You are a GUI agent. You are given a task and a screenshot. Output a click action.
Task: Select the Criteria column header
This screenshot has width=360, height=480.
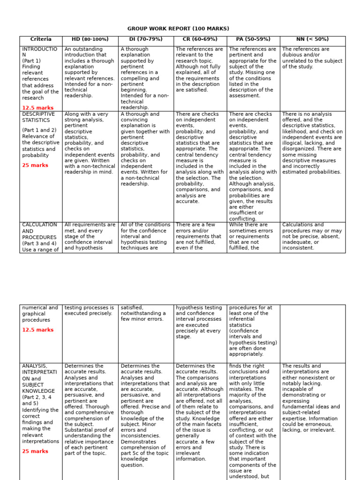[41, 39]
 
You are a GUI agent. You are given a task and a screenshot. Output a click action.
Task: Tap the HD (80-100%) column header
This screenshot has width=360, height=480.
[90, 39]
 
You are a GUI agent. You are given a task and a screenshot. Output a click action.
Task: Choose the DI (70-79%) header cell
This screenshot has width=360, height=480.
[146, 39]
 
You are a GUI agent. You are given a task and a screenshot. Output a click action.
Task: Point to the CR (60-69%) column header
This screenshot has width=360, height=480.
[200, 39]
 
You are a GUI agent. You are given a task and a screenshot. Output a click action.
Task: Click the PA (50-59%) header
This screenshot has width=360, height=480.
[253, 39]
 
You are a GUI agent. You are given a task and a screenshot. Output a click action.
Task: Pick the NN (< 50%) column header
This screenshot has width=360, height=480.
[313, 39]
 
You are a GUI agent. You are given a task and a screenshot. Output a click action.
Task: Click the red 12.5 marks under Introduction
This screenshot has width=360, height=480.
[37, 108]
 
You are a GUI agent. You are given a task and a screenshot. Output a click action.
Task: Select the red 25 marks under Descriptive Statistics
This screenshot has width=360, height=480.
[35, 165]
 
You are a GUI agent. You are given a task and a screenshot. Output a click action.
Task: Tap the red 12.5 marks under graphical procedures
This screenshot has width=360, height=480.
[37, 330]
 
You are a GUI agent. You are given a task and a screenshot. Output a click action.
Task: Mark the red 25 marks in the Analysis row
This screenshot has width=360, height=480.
[35, 451]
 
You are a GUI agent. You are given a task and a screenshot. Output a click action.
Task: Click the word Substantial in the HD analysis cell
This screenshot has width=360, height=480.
[79, 430]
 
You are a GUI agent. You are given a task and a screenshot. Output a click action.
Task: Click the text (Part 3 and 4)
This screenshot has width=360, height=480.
[39, 243]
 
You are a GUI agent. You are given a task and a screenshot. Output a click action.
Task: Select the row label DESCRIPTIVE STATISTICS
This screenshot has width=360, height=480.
[38, 117]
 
